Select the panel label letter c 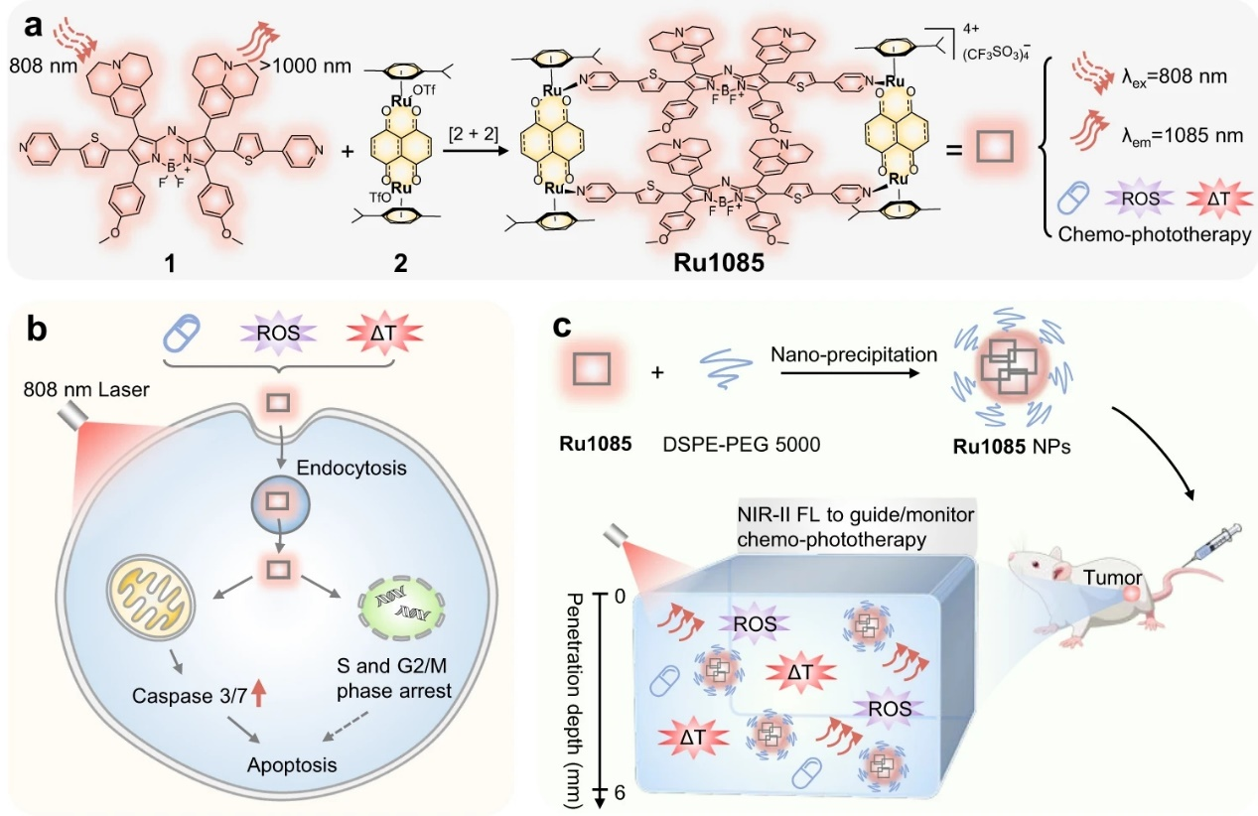[561, 329]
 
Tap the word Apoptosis [292, 764]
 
